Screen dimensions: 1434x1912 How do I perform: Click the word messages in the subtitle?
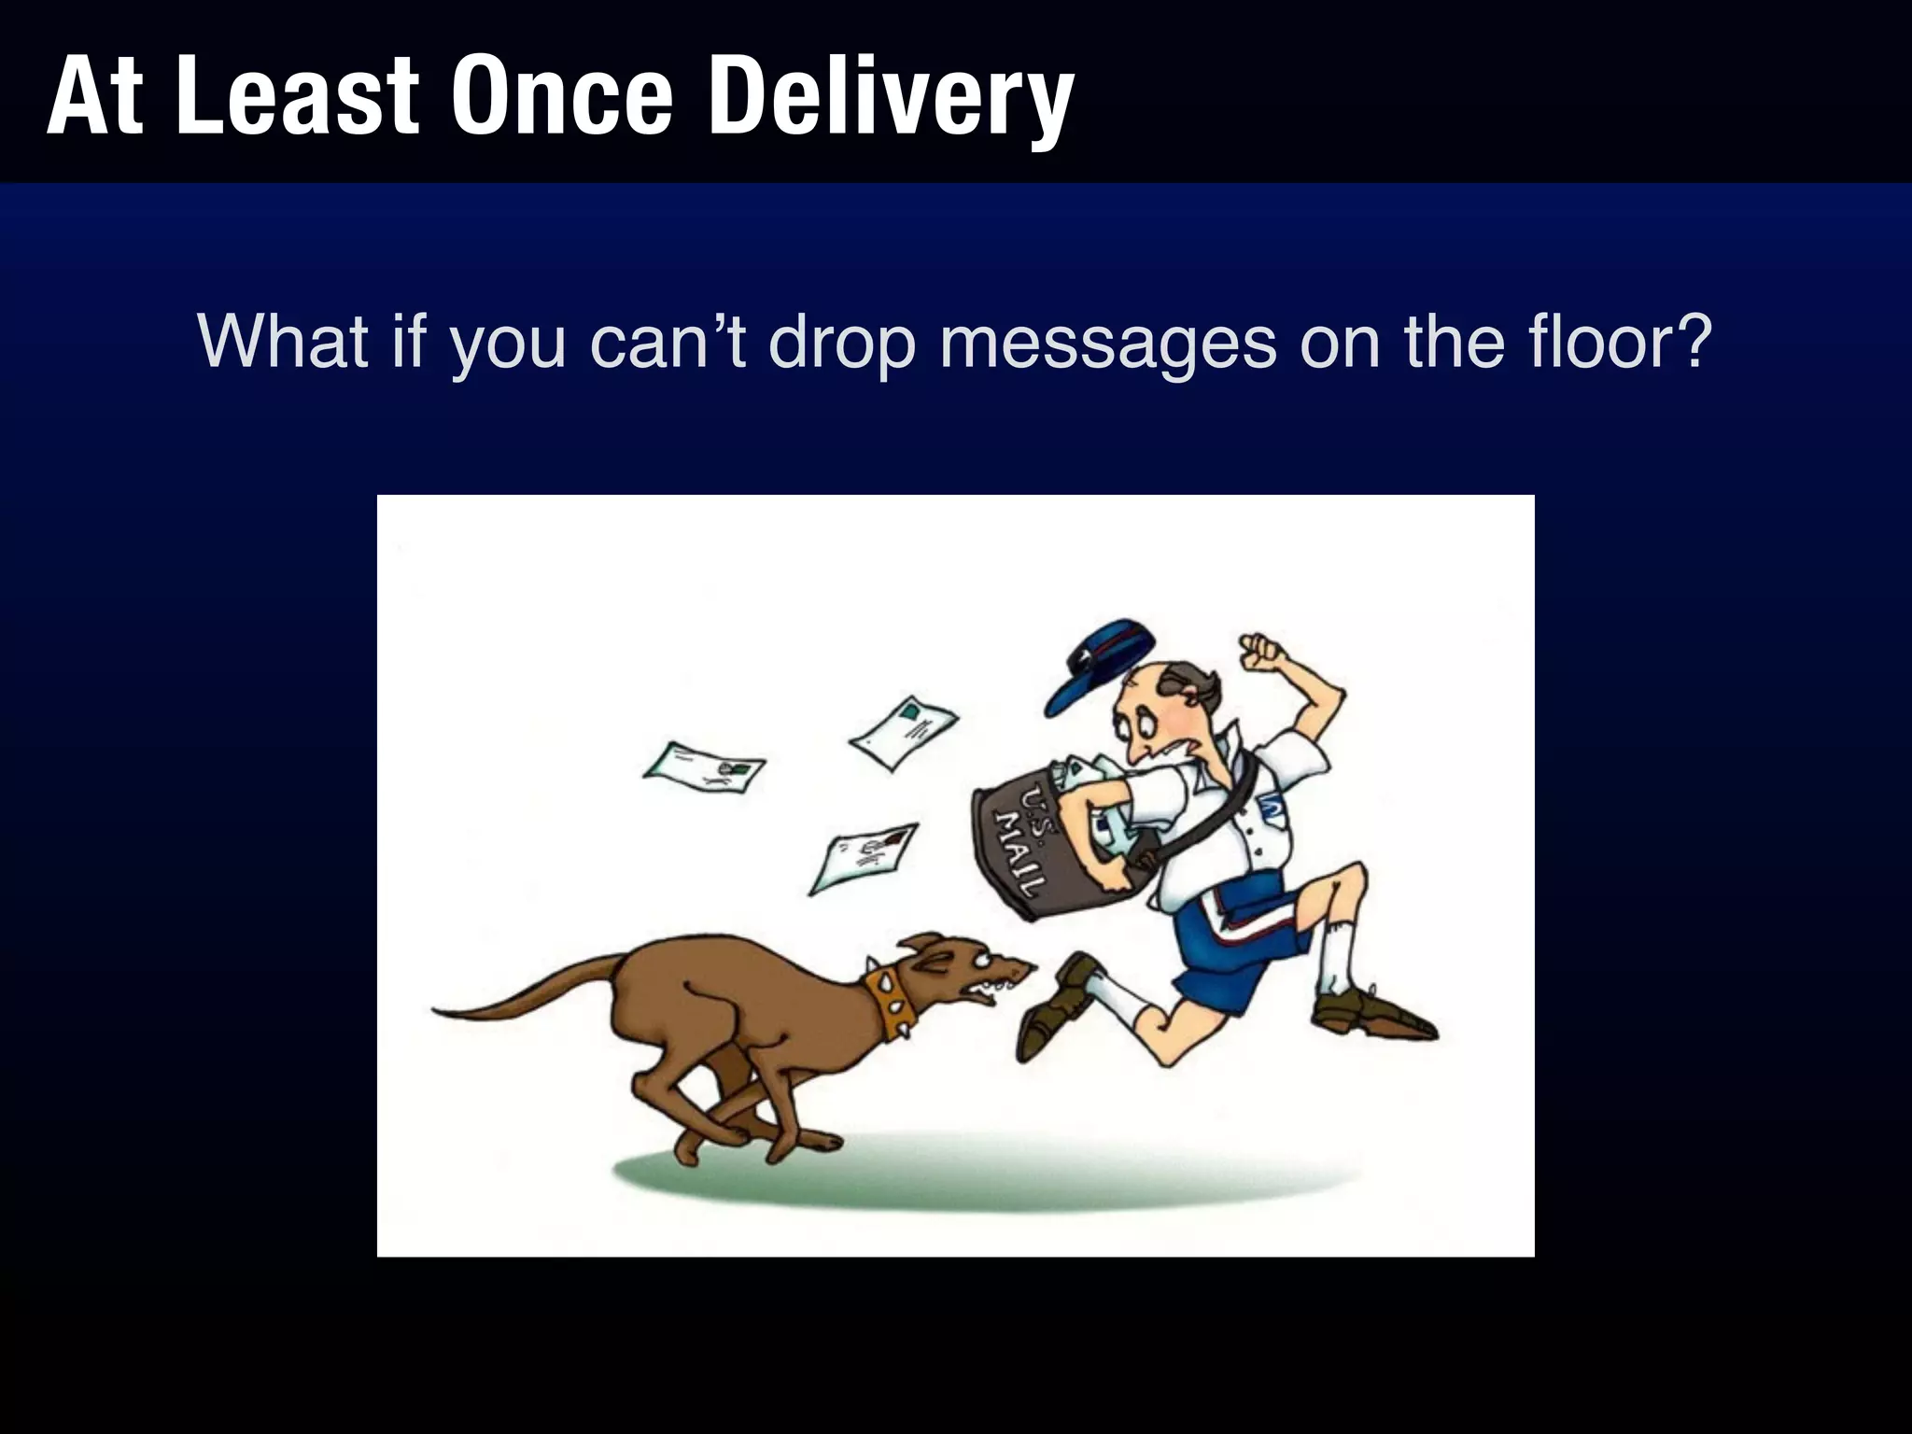(1107, 342)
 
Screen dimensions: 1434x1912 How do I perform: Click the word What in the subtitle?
(283, 342)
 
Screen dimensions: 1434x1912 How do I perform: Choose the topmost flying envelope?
(903, 731)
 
